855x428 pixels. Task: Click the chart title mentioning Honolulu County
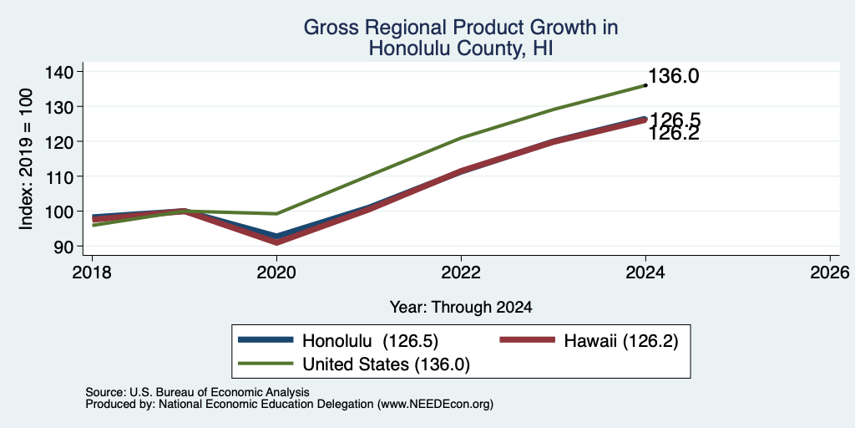pos(460,38)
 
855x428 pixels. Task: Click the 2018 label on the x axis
pos(92,273)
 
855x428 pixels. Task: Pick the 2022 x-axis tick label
pos(461,273)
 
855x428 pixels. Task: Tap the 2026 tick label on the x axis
pos(830,273)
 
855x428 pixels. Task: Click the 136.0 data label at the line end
pos(674,76)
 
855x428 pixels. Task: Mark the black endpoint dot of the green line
pos(645,85)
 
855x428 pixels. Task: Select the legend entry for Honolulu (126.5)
pos(338,341)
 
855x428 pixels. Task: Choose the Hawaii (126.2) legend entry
pos(589,341)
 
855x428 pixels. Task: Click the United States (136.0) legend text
pos(386,364)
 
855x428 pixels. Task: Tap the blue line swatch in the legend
pos(266,340)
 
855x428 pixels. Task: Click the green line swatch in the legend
pos(266,364)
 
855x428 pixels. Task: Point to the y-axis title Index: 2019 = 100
pos(26,159)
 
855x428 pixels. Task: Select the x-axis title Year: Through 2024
pos(461,308)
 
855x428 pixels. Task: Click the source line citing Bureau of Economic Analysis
pos(197,392)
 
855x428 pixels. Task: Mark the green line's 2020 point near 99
pos(276,213)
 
